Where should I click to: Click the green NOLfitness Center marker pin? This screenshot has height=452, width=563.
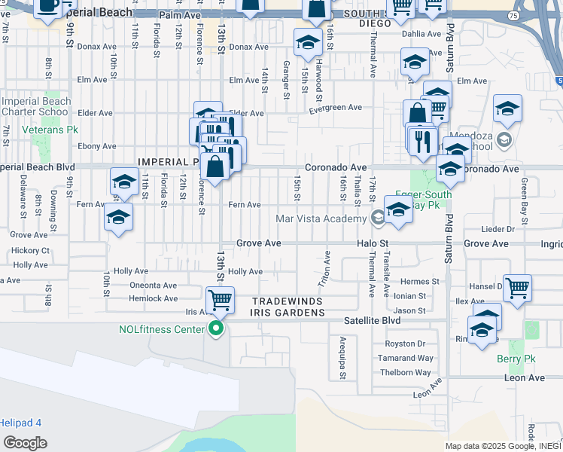[216, 328]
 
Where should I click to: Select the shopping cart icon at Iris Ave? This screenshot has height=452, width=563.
[220, 301]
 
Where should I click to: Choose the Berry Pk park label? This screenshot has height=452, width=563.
[515, 359]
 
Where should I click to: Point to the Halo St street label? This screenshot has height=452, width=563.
[373, 244]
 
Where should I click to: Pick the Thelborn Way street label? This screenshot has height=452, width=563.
[406, 372]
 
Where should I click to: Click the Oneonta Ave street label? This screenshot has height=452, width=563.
[154, 286]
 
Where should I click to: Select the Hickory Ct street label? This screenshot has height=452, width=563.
[30, 250]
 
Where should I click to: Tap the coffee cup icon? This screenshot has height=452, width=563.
[48, 8]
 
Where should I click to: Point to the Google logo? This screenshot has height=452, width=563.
[24, 442]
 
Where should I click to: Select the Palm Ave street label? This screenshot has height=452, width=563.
[179, 14]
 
